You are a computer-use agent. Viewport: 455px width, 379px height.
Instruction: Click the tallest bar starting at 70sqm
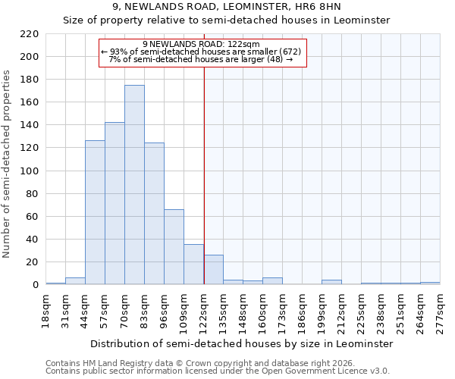point(134,185)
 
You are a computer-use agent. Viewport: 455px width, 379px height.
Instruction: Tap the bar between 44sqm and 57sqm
point(95,212)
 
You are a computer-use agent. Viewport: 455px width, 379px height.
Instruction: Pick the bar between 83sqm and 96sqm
point(154,214)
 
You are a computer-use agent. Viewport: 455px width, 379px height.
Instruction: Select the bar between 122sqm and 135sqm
point(213,270)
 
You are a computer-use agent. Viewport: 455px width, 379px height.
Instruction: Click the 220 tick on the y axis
point(30,34)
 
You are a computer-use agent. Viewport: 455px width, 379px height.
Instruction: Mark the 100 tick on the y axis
point(30,171)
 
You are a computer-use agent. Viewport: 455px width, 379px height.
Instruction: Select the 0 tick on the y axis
point(36,285)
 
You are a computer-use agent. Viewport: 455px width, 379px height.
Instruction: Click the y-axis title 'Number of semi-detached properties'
point(7,164)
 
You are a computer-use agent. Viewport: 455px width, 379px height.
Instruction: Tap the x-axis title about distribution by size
point(242,343)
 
